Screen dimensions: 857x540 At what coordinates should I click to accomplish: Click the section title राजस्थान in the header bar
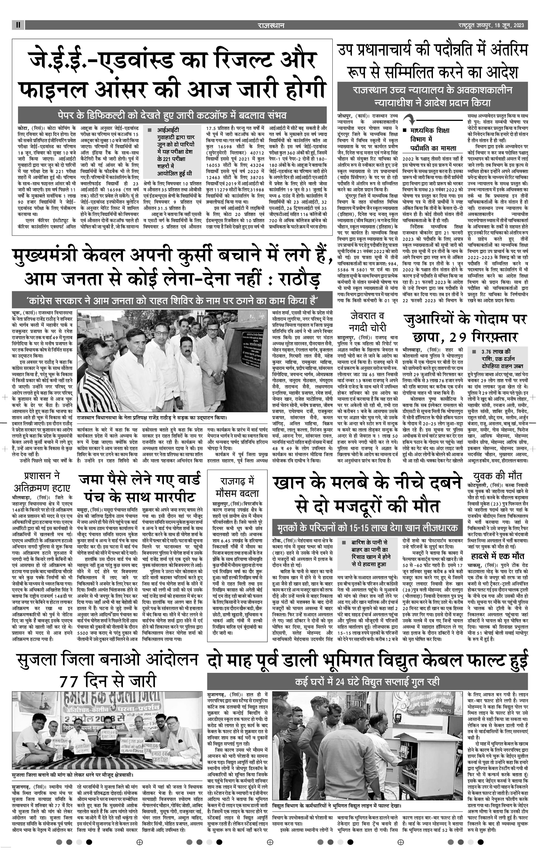pos(271,25)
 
